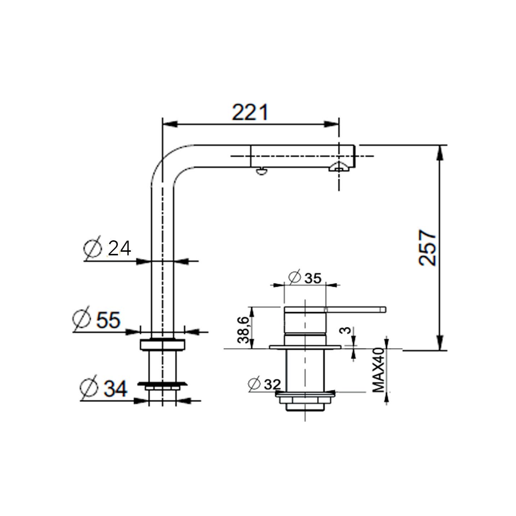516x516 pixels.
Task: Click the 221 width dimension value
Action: [x=250, y=112]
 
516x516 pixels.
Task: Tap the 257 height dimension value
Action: [x=428, y=247]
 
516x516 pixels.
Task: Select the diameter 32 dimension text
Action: [x=264, y=384]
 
